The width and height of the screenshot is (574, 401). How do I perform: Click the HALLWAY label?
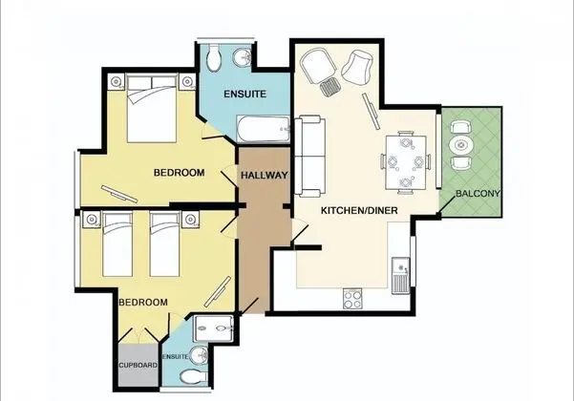point(264,176)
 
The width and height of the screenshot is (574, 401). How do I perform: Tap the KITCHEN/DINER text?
point(359,210)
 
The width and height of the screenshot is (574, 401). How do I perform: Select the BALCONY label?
point(478,194)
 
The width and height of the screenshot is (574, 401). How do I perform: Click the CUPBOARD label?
point(138,365)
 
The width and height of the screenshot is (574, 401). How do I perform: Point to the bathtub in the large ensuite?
point(263,129)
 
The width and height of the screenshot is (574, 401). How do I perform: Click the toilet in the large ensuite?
point(213,58)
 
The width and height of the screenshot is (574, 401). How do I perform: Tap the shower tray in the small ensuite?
point(213,328)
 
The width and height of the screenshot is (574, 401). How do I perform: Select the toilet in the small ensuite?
point(194,376)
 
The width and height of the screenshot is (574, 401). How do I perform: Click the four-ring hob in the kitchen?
point(352,299)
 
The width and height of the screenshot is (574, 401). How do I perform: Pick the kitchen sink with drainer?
point(400,275)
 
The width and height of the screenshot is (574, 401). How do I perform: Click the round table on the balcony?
point(461,145)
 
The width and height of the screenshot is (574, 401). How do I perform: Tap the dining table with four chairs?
point(406,162)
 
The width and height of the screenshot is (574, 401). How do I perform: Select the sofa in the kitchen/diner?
point(310,157)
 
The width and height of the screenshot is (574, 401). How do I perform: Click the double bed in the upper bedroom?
point(152,108)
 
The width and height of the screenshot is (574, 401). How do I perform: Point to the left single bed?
point(117,244)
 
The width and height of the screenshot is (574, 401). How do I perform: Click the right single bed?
point(164,244)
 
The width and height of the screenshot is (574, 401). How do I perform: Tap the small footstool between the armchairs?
point(330,87)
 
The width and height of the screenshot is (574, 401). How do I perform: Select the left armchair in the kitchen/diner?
point(318,66)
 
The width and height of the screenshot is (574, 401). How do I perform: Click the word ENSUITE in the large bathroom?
point(244,94)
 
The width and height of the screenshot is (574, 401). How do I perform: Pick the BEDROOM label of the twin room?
point(143,303)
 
